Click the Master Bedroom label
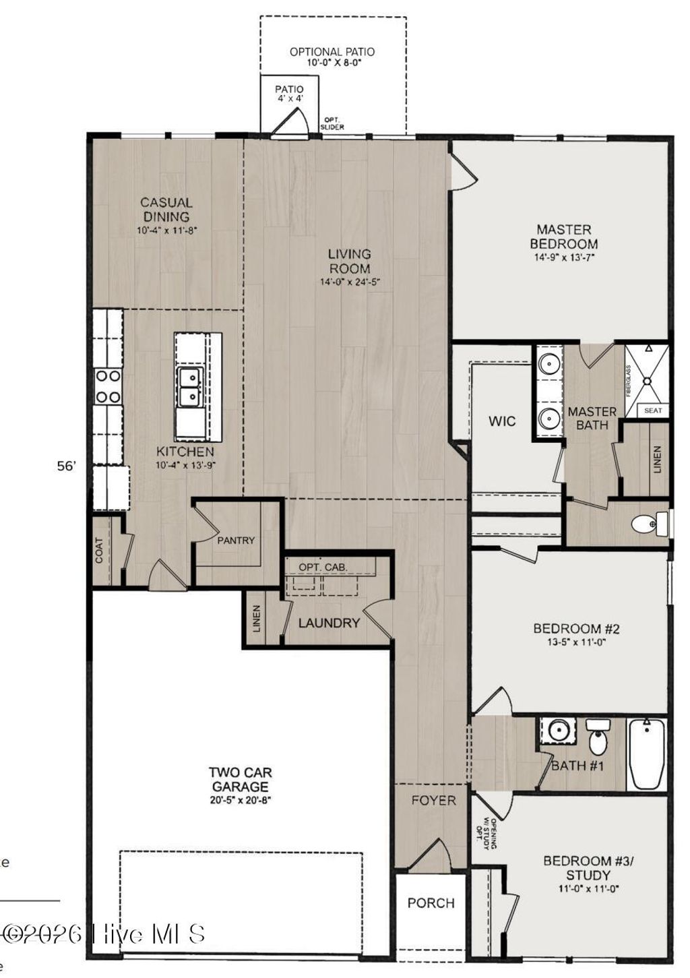click(563, 237)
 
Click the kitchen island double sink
click(190, 388)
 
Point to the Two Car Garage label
click(240, 780)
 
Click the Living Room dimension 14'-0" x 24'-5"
click(349, 282)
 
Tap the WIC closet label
click(502, 421)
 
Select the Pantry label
click(236, 540)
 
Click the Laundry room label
click(329, 623)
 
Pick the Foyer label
click(433, 801)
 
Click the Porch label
click(431, 903)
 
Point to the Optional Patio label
click(332, 52)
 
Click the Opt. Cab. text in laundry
click(323, 567)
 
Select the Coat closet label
click(100, 550)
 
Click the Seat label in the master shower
click(652, 410)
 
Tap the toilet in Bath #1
click(597, 738)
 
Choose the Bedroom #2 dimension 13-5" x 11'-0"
click(576, 642)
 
